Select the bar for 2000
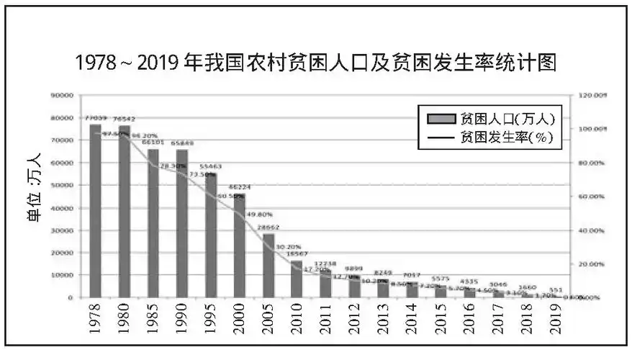pyautogui.click(x=240, y=246)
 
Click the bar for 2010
pyautogui.click(x=297, y=279)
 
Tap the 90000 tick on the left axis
pyautogui.click(x=63, y=95)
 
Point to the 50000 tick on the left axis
pyautogui.click(x=63, y=185)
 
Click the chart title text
pyautogui.click(x=316, y=63)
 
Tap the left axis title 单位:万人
pyautogui.click(x=33, y=196)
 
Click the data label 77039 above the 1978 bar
pyautogui.click(x=96, y=117)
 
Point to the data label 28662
pyautogui.click(x=268, y=227)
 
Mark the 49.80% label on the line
pyautogui.click(x=259, y=214)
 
